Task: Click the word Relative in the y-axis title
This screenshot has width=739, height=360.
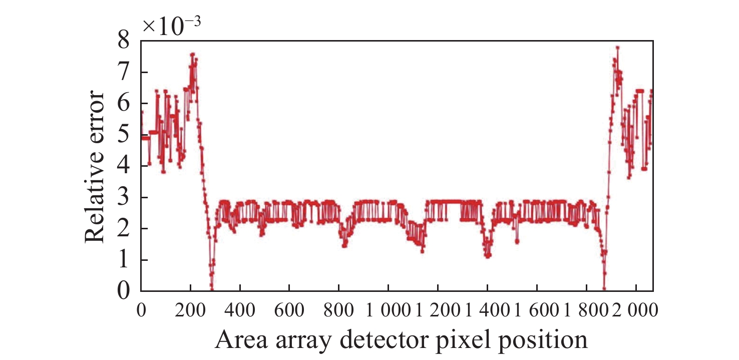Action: click(95, 204)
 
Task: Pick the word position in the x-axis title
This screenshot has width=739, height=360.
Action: click(547, 340)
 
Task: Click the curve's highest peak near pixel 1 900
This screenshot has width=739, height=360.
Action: click(618, 48)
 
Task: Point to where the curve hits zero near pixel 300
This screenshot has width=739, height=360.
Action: click(212, 289)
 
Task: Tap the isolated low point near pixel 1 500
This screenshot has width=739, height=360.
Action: click(517, 241)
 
